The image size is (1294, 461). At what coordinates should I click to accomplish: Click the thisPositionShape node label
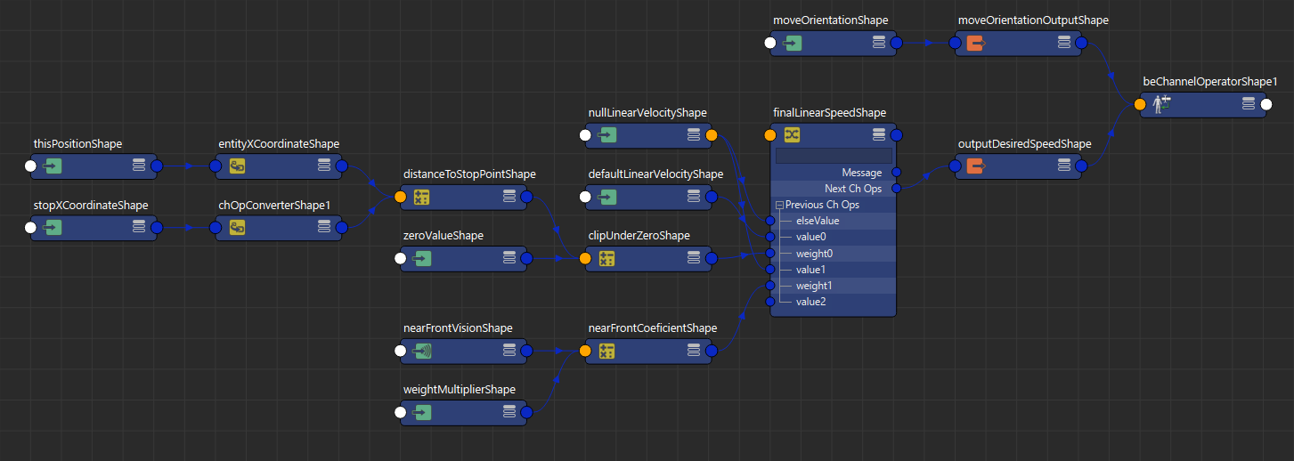click(x=77, y=143)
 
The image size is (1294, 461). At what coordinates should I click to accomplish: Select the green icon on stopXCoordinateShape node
click(x=52, y=227)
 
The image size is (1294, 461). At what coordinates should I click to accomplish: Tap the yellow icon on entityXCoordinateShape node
click(x=238, y=166)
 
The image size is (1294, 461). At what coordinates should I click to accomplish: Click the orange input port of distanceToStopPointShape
click(x=401, y=197)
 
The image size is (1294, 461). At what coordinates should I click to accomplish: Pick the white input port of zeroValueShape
click(x=401, y=258)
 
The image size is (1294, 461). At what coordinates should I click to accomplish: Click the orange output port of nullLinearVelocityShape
click(x=712, y=135)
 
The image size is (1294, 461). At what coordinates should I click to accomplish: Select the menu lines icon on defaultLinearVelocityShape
click(x=694, y=196)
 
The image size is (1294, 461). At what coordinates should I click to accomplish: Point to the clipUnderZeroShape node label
click(x=639, y=236)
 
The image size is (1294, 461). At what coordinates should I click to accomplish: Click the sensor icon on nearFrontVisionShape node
click(x=422, y=351)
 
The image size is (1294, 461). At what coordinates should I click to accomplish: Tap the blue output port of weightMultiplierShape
click(x=527, y=412)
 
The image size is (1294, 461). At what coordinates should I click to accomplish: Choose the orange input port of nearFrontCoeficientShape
click(x=585, y=351)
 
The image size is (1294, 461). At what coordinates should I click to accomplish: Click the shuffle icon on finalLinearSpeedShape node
click(x=792, y=135)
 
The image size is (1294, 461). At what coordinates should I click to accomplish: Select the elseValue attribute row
click(x=833, y=221)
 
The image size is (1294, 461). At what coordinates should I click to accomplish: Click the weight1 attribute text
click(x=814, y=286)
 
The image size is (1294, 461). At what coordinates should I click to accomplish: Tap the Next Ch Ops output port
click(x=896, y=188)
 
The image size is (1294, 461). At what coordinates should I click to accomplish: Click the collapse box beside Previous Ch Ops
click(x=779, y=205)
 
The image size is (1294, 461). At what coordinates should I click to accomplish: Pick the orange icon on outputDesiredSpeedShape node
click(x=976, y=166)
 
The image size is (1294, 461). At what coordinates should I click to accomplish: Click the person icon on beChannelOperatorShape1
click(x=1161, y=104)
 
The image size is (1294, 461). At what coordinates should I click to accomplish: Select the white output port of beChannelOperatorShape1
click(x=1266, y=104)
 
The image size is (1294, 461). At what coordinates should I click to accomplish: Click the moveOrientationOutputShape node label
click(x=1033, y=20)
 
